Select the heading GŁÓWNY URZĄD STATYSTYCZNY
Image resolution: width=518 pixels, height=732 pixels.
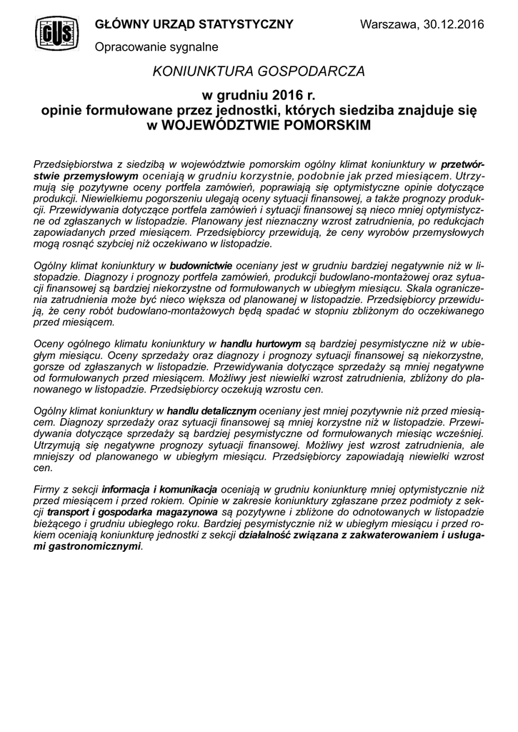point(194,24)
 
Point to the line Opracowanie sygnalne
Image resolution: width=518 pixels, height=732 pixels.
point(156,46)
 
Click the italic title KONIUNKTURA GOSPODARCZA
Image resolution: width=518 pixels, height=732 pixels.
point(259,71)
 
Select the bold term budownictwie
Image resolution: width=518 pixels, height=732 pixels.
point(201,265)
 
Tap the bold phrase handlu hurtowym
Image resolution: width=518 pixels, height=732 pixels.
point(261,343)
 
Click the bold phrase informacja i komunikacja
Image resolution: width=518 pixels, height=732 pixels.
point(159,490)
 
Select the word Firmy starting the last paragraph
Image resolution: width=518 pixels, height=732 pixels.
point(48,490)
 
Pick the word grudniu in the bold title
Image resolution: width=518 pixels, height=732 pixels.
point(242,95)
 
